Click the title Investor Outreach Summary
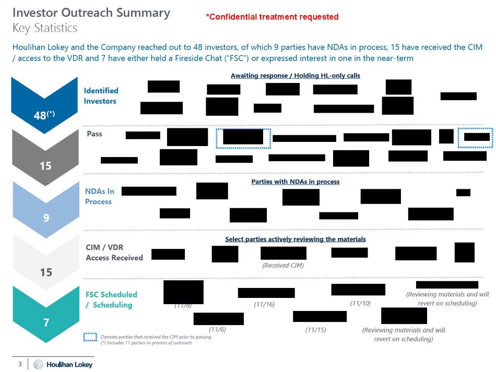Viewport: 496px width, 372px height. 91,13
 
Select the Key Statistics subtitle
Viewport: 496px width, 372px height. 45,28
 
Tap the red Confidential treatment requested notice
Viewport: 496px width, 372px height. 272,17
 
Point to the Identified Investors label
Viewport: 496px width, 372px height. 101,95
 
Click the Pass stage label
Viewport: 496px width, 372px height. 95,134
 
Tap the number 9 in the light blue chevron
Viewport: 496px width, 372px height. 45,218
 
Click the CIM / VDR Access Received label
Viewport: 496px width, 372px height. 114,253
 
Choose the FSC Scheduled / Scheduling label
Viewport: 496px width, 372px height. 111,299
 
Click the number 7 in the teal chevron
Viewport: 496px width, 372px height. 45,323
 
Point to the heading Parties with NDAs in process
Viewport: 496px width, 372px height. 296,182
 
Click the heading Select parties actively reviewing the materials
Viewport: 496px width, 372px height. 296,239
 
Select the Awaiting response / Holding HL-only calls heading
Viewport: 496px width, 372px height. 296,76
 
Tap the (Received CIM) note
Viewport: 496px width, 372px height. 282,265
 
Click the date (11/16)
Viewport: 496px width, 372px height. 264,304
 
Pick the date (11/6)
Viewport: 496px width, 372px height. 217,329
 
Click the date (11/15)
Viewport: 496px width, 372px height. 315,329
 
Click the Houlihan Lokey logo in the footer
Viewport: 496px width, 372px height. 63,364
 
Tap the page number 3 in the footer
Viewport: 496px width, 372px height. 20,364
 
